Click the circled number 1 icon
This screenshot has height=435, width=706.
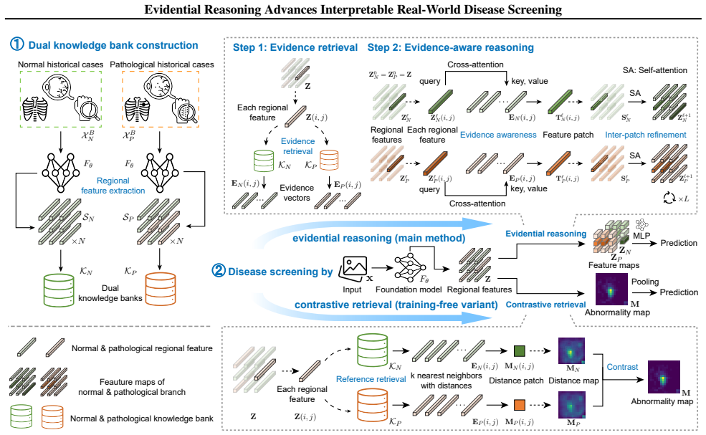point(16,44)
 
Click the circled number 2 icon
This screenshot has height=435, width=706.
point(219,271)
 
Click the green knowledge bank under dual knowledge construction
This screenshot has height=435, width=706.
point(59,290)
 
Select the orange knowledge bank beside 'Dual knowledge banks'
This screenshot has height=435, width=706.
point(161,289)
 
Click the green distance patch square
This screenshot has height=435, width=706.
point(520,351)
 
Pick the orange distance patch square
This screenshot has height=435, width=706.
point(520,404)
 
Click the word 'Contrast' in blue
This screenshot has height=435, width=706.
point(622,367)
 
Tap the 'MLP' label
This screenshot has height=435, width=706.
point(641,236)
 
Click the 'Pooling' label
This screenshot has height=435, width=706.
point(645,282)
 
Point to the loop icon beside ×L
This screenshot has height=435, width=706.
point(669,198)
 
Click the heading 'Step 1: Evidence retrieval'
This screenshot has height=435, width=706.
point(295,47)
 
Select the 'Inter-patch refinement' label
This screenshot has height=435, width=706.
point(646,135)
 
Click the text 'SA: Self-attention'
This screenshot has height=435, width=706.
point(655,70)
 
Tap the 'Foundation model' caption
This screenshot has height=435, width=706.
point(409,290)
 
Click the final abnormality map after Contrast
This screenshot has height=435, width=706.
point(664,377)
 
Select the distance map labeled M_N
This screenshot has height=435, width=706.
point(572,350)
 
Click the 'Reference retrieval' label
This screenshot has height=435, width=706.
point(371,379)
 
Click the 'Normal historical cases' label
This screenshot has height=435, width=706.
point(61,64)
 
